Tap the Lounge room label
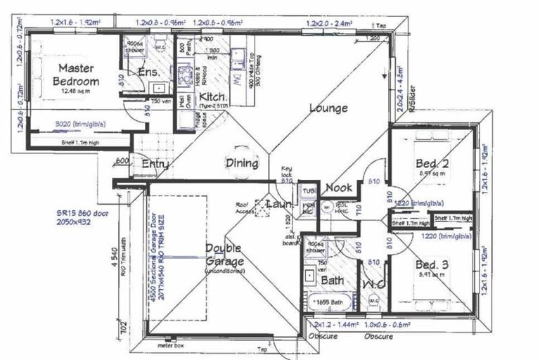pos(328,108)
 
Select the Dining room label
pos(241,163)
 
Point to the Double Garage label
pos(223,255)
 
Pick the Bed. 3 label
pos(431,264)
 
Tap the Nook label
pos(337,188)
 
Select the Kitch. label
pos(212,96)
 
